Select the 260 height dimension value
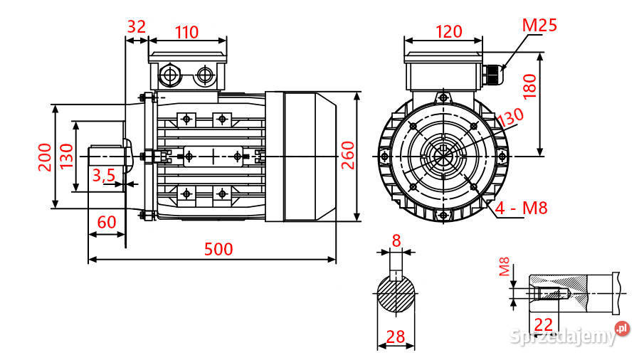348,154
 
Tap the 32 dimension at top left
136,27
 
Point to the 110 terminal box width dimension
186,32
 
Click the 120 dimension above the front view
448,32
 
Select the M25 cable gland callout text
539,26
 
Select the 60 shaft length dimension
107,221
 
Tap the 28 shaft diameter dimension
396,336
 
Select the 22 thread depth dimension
544,324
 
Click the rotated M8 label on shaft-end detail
504,268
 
